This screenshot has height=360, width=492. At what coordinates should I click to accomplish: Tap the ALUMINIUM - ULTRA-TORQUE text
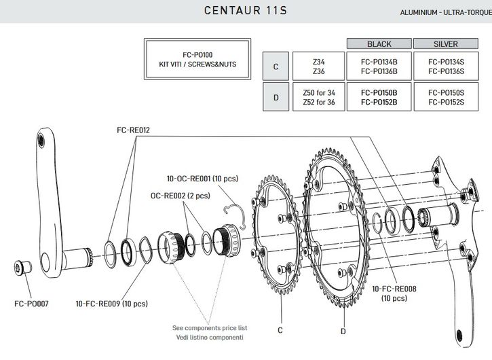[x=445, y=13]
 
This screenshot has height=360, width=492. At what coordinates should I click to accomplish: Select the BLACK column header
[x=379, y=44]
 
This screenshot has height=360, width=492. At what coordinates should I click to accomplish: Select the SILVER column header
[x=446, y=44]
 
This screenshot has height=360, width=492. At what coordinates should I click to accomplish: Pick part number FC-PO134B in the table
[x=379, y=62]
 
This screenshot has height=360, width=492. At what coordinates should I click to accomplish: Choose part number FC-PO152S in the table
[x=446, y=102]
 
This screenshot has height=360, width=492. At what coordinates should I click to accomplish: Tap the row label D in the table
[x=276, y=97]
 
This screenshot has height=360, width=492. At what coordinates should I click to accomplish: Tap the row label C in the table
[x=276, y=67]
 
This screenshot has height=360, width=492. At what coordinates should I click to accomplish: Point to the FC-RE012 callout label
[x=132, y=128]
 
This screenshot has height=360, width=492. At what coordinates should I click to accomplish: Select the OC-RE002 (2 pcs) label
[x=181, y=195]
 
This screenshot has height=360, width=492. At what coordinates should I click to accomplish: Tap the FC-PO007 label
[x=30, y=304]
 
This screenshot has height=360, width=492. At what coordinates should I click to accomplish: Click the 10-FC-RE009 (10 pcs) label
[x=111, y=304]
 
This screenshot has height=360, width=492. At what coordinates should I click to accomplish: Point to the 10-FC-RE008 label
[x=394, y=289]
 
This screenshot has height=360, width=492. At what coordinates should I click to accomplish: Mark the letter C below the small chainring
[x=280, y=330]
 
